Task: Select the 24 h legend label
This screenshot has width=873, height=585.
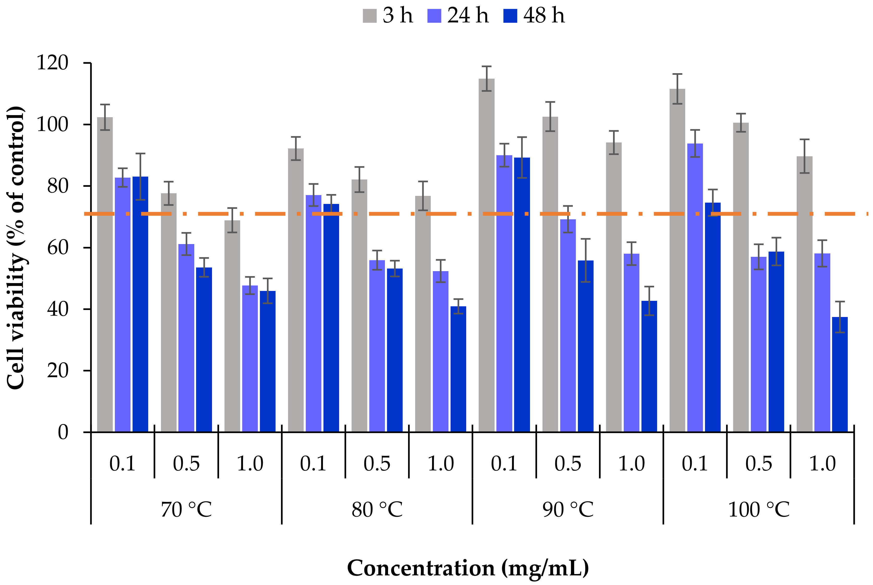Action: click(x=468, y=16)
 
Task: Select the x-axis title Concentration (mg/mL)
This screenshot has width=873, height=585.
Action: click(x=468, y=568)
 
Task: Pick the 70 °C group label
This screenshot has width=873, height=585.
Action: click(x=186, y=510)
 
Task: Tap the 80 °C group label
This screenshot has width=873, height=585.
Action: click(x=377, y=510)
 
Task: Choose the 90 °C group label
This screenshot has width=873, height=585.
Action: click(x=568, y=510)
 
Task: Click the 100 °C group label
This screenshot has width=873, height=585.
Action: click(x=758, y=510)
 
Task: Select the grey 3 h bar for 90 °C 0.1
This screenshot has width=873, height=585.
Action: click(x=487, y=255)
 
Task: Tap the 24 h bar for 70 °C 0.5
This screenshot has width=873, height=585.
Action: click(x=186, y=338)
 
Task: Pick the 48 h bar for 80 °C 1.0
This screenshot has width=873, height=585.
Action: click(x=458, y=369)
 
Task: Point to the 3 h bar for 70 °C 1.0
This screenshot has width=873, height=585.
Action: click(x=232, y=326)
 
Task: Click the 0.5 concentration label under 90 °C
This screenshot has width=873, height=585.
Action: click(x=568, y=464)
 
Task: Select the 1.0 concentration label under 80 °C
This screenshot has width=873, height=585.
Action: click(x=441, y=464)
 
